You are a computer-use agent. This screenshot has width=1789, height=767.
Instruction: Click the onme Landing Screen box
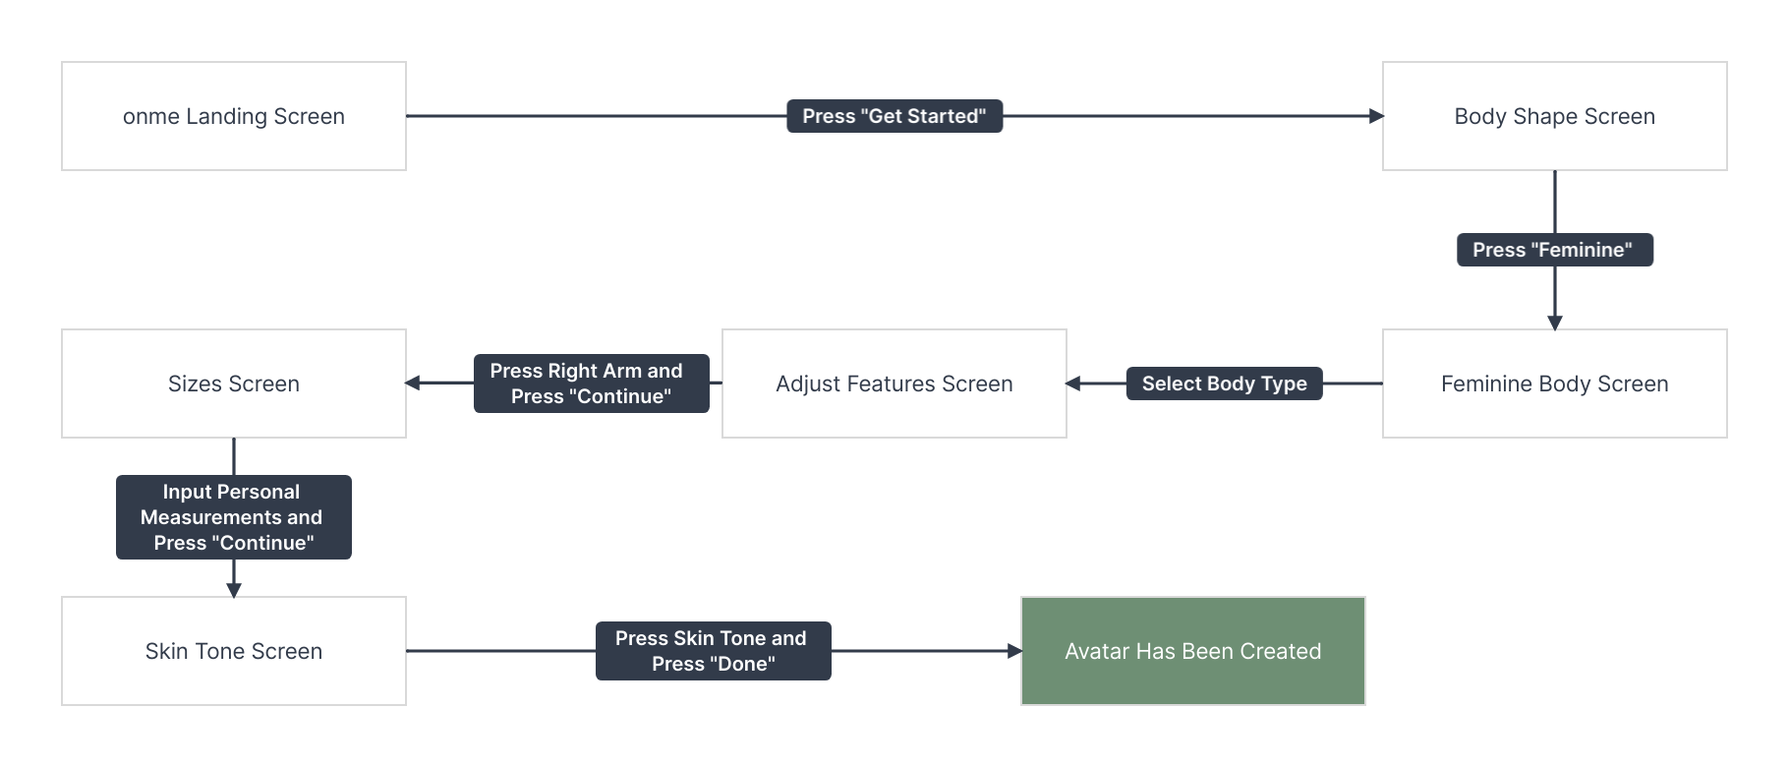pyautogui.click(x=234, y=116)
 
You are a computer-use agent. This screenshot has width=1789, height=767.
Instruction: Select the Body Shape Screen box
pyautogui.click(x=1555, y=116)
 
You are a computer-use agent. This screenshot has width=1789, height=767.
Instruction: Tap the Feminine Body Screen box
pyautogui.click(x=1555, y=383)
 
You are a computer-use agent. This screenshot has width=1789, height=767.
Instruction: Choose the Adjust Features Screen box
pyautogui.click(x=894, y=383)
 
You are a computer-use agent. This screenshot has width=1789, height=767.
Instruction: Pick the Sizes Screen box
pyautogui.click(x=234, y=383)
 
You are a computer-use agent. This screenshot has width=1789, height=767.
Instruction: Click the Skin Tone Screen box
pyautogui.click(x=234, y=651)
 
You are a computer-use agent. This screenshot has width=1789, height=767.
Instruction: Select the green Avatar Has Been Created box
pyautogui.click(x=1193, y=651)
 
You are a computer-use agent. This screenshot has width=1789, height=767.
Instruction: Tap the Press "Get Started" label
pyautogui.click(x=894, y=116)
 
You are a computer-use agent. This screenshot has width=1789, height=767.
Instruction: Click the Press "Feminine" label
pyautogui.click(x=1555, y=250)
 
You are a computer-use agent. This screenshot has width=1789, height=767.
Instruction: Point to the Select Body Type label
pyautogui.click(x=1225, y=383)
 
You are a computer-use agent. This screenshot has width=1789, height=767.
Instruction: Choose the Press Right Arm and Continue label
pyautogui.click(x=592, y=383)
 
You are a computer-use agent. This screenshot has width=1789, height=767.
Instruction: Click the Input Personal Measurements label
pyautogui.click(x=234, y=517)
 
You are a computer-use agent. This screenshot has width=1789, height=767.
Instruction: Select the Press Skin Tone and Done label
pyautogui.click(x=714, y=651)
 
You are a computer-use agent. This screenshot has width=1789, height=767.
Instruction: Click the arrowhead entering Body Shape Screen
pyautogui.click(x=1376, y=116)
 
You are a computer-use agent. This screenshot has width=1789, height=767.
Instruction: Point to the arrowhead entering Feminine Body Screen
pyautogui.click(x=1555, y=323)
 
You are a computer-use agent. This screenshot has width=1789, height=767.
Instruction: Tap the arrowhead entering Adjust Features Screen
pyautogui.click(x=1073, y=383)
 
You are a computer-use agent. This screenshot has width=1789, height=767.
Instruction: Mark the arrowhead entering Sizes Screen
pyautogui.click(x=413, y=383)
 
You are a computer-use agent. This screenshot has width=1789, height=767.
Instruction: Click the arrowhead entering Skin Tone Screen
pyautogui.click(x=234, y=590)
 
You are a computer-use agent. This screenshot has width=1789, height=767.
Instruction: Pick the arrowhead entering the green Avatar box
pyautogui.click(x=1014, y=651)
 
